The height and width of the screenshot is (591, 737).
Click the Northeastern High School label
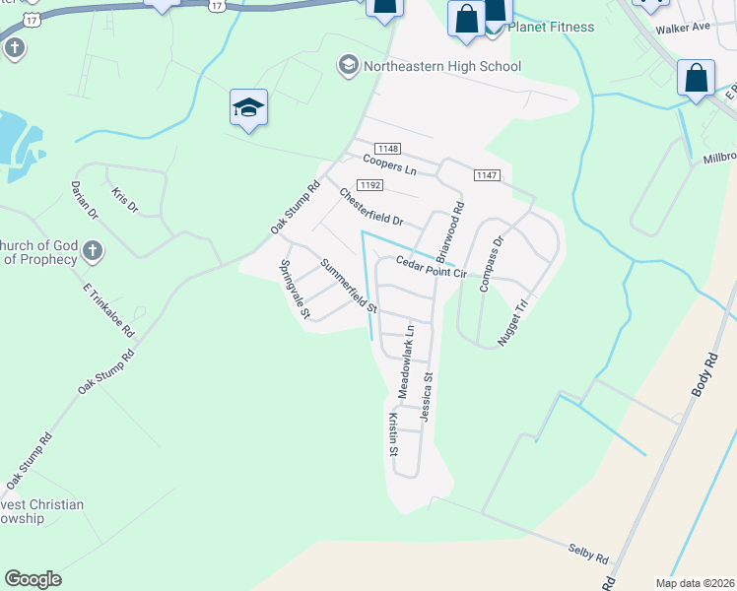[x=442, y=66]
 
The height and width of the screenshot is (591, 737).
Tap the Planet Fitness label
[x=553, y=27]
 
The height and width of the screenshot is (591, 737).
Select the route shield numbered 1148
[x=388, y=147]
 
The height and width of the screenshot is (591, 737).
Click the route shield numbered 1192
[x=370, y=184]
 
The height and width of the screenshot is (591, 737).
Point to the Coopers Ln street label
[x=389, y=164]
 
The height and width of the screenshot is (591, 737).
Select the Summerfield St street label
[x=348, y=285]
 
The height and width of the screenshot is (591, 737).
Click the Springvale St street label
[x=295, y=289]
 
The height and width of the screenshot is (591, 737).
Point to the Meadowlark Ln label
[x=406, y=361]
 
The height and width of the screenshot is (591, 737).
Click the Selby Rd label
[x=588, y=552]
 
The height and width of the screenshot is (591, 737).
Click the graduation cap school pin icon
[x=248, y=108]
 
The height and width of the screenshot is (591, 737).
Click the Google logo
[x=33, y=579]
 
